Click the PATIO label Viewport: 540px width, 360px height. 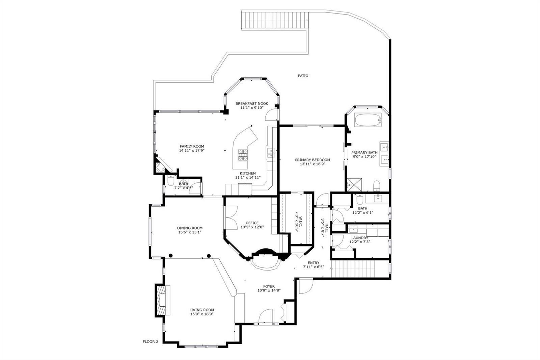[x=303, y=76]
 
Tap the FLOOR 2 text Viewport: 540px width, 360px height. [x=151, y=342]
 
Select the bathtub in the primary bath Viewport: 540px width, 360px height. [x=368, y=120]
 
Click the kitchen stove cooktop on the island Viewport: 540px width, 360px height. [x=243, y=155]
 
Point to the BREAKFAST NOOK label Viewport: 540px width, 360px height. [x=252, y=104]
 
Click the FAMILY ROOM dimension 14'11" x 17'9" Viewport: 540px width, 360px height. [x=192, y=151]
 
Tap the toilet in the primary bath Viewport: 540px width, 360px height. [x=377, y=186]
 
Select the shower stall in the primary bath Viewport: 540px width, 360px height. [x=354, y=185]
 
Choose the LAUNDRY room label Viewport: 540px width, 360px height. [x=359, y=238]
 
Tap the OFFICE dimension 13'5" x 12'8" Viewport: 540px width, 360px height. [x=252, y=227]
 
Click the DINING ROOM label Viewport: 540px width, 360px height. [x=190, y=228]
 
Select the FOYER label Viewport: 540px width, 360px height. [x=269, y=287]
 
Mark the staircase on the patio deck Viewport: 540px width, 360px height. [x=275, y=20]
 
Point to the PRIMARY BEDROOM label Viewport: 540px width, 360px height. [x=313, y=160]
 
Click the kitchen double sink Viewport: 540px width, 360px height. [x=271, y=153]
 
